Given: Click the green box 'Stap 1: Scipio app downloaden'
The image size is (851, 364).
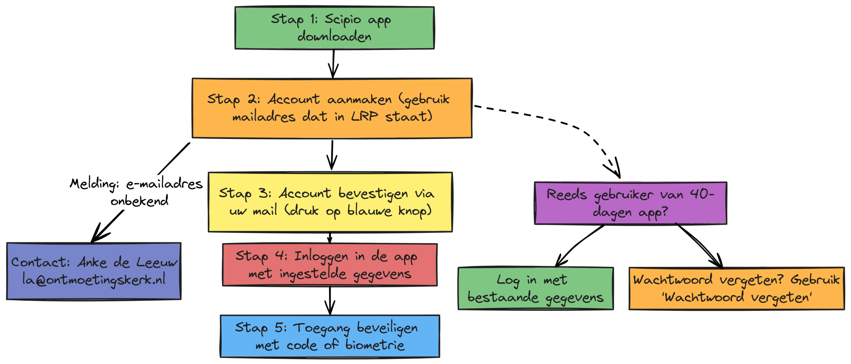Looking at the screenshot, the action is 334,28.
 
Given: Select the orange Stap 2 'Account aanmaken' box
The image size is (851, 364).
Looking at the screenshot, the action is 332,108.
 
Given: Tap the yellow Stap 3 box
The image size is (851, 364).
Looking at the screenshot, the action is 330,202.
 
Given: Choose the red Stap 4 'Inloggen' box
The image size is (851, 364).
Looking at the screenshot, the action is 330,265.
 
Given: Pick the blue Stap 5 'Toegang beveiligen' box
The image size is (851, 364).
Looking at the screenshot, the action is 330,336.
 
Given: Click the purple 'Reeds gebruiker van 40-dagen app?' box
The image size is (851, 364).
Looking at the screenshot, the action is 630,203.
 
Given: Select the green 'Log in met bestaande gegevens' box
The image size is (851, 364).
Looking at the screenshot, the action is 536,288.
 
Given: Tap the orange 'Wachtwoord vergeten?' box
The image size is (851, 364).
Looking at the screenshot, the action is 737,288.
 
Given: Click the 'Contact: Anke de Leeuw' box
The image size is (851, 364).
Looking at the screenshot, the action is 94,271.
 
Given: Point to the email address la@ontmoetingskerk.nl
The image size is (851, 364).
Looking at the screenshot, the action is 94,280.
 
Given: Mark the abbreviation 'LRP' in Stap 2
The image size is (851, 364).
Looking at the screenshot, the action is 365,116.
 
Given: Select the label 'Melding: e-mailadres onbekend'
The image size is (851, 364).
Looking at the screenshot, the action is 136,192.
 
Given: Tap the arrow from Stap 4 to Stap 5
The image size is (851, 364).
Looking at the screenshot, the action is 330,301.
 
